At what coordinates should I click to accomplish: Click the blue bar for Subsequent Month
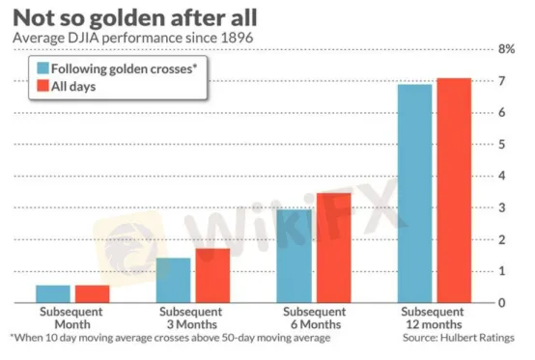click(53, 293)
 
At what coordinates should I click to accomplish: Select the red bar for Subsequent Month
click(93, 293)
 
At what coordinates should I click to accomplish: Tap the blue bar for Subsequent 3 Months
click(174, 280)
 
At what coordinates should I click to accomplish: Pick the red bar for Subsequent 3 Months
click(212, 275)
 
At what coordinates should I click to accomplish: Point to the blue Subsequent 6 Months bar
click(295, 256)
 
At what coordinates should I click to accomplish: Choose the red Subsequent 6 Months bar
click(334, 248)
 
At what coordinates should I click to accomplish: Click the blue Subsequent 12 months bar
click(415, 194)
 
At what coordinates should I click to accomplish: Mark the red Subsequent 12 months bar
click(454, 190)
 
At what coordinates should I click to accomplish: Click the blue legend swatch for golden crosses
click(43, 69)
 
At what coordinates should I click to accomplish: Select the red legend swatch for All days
click(43, 86)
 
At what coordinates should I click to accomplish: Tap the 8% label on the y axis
click(506, 49)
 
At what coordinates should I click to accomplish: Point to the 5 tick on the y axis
click(501, 144)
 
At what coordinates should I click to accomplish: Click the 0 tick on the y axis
click(501, 303)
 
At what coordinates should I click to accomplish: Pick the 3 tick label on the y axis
click(501, 208)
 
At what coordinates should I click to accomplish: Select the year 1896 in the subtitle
click(237, 38)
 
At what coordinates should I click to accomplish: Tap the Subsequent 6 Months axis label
click(315, 318)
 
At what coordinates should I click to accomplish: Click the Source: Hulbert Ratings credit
click(459, 338)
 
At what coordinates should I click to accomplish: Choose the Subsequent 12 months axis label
click(433, 318)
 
